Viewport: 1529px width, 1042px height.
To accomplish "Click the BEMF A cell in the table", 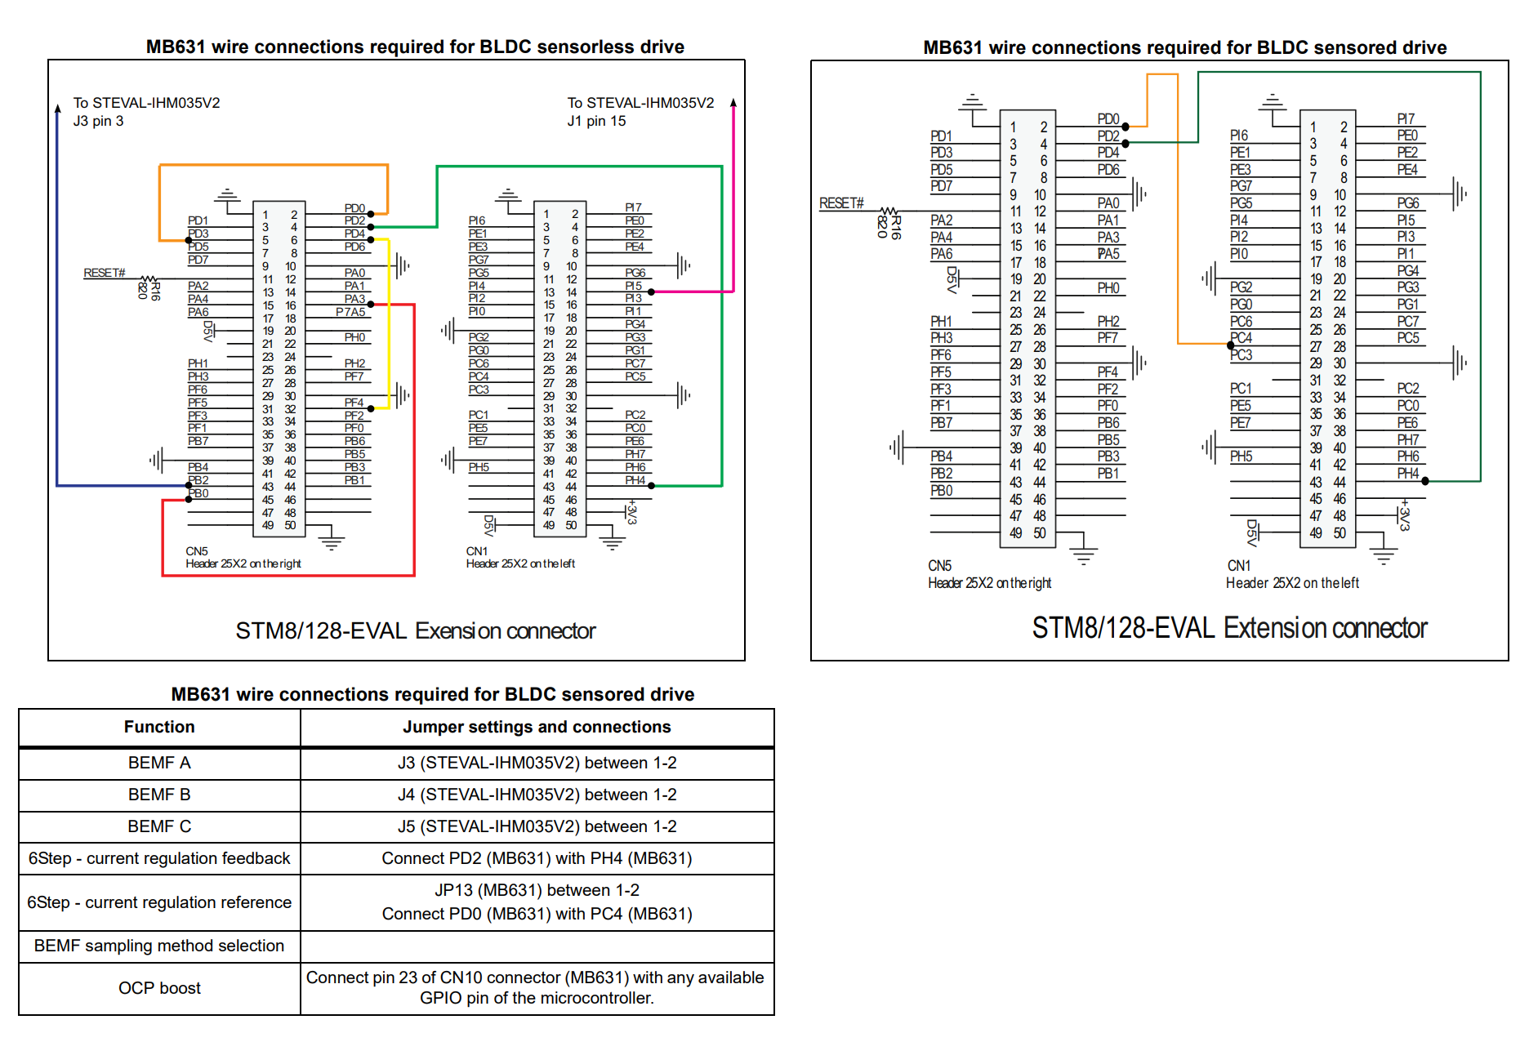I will [159, 763].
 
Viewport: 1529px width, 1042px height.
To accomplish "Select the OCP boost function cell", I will [159, 988].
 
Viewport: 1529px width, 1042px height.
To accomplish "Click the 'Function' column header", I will [159, 727].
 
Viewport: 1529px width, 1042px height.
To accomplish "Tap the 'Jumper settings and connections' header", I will [537, 727].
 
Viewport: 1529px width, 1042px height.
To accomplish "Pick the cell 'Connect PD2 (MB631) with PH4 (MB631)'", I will [537, 858].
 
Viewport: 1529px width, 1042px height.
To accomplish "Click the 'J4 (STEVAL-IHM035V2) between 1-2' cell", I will [537, 795].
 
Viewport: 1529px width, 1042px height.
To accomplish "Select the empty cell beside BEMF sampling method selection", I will [537, 946].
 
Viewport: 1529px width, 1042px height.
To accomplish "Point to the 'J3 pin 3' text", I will [98, 121].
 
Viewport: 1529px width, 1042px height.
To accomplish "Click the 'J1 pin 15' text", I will [596, 121].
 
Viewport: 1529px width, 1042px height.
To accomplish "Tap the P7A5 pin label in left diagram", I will [350, 312].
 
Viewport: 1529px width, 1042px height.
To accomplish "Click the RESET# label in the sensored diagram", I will [841, 203].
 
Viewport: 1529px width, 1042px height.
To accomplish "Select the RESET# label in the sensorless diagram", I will [104, 273].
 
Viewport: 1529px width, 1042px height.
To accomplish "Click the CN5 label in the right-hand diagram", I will [939, 565].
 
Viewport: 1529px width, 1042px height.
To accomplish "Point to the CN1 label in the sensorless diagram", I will [476, 551].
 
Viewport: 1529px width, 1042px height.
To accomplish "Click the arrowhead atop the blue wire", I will [57, 108].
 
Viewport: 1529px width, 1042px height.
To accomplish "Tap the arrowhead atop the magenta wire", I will [733, 103].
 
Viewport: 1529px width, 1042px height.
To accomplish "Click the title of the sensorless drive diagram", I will [415, 47].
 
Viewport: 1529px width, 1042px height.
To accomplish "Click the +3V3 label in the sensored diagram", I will [1404, 514].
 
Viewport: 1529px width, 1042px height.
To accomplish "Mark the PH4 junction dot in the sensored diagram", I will [1424, 481].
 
